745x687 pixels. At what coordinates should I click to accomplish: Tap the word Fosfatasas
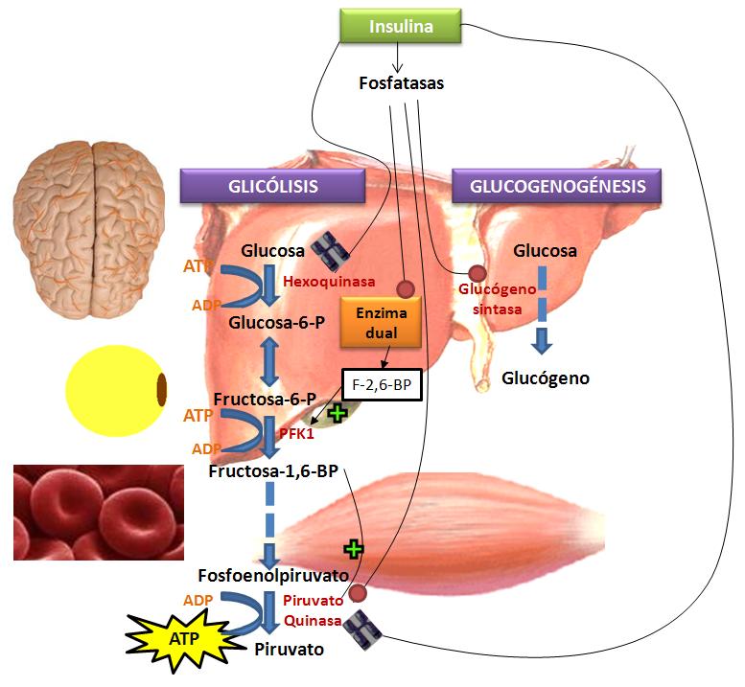click(401, 83)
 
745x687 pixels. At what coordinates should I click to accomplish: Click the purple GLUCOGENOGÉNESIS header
click(556, 186)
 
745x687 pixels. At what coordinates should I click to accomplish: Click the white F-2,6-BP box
click(382, 384)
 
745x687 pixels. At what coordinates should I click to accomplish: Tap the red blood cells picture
click(98, 512)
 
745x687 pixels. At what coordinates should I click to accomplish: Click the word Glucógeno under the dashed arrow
click(546, 378)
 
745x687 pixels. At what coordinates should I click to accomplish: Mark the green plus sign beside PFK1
click(338, 414)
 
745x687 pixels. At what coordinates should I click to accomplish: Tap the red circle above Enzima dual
click(405, 288)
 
